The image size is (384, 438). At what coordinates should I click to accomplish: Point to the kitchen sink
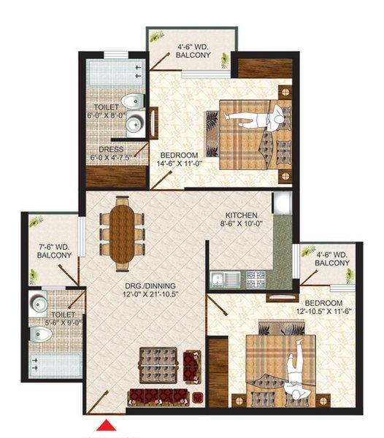pos(218,278)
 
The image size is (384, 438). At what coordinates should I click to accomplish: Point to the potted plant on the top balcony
pos(156,36)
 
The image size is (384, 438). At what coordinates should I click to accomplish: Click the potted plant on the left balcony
pos(33,276)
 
